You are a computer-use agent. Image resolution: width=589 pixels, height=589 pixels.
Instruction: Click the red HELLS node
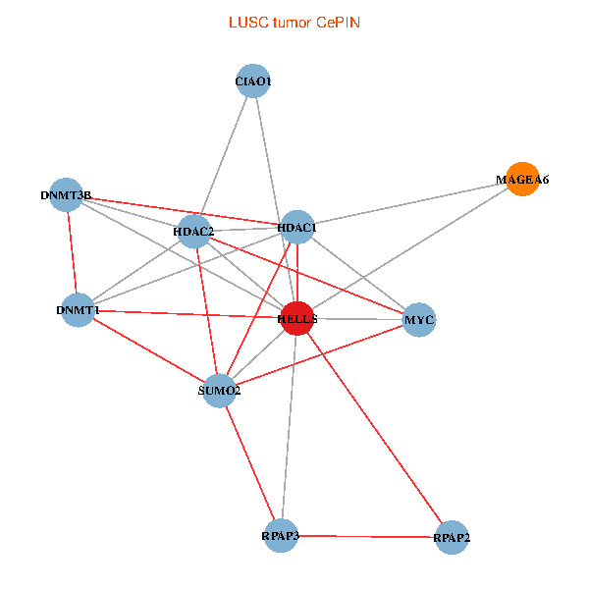point(297,318)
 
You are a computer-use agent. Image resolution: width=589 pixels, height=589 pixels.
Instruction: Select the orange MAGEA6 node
point(522,180)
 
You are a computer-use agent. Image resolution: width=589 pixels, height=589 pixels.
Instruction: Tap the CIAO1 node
point(253,80)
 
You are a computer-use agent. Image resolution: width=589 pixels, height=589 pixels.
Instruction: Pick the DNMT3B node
point(66,194)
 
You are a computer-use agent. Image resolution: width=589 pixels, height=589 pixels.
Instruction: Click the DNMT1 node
point(78,310)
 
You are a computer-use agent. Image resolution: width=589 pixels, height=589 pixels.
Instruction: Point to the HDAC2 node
point(193,232)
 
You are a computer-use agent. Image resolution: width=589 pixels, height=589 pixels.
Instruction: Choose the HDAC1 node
point(297,227)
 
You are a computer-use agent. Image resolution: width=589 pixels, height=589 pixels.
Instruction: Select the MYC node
point(419,320)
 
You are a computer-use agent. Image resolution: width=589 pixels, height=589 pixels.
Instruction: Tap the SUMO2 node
point(219,391)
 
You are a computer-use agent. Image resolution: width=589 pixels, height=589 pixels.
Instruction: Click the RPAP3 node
point(281,536)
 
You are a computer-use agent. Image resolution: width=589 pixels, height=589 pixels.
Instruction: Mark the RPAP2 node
point(452,538)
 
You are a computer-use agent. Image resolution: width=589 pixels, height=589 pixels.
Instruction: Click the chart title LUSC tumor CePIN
point(294,23)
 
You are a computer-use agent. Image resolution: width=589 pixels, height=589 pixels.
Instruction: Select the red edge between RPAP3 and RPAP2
point(366,536)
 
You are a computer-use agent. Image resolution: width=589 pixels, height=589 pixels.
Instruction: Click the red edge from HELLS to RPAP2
point(375,428)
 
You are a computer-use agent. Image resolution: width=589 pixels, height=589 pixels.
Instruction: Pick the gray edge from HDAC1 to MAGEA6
point(409,203)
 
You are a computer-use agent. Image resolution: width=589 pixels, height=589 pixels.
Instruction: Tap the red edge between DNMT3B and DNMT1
point(72,252)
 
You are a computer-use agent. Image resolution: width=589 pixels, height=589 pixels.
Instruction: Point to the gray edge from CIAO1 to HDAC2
point(224,156)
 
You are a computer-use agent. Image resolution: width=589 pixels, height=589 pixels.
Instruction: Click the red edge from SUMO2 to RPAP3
point(250,463)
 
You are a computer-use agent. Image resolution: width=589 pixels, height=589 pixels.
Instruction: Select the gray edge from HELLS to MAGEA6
point(409,248)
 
